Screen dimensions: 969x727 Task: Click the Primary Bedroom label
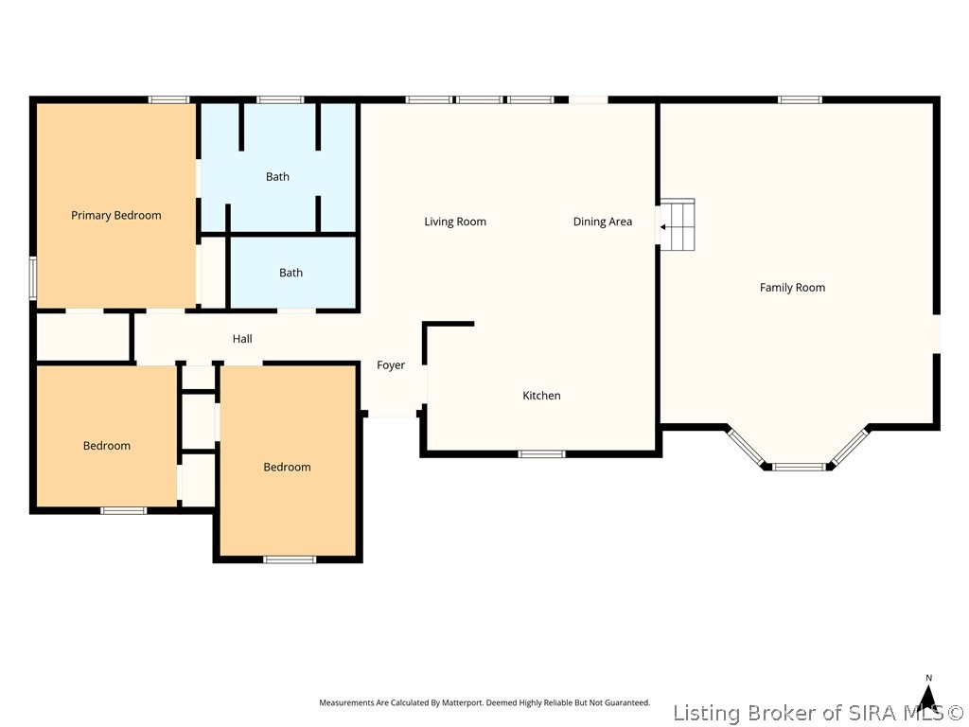coord(116,215)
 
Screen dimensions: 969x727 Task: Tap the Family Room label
coord(792,288)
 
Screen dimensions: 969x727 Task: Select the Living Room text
coord(455,222)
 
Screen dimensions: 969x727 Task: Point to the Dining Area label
coord(603,222)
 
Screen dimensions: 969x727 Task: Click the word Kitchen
coord(541,396)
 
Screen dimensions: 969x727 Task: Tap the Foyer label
coord(391,365)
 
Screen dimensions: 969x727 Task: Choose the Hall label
coord(242,339)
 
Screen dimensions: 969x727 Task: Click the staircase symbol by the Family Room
coord(678,224)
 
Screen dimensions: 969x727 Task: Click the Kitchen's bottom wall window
coord(541,454)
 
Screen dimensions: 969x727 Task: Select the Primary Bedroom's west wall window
coord(33,279)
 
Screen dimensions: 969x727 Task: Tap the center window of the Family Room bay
coord(799,467)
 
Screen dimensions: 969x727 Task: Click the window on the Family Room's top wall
coord(800,99)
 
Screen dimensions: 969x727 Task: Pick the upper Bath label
coord(277,177)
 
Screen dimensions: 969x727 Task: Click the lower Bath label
coord(291,273)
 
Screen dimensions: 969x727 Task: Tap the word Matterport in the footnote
coord(462,703)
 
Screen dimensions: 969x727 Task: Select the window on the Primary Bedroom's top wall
coord(168,99)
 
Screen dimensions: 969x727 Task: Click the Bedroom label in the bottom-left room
coord(107,446)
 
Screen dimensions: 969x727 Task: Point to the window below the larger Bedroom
coord(290,560)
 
